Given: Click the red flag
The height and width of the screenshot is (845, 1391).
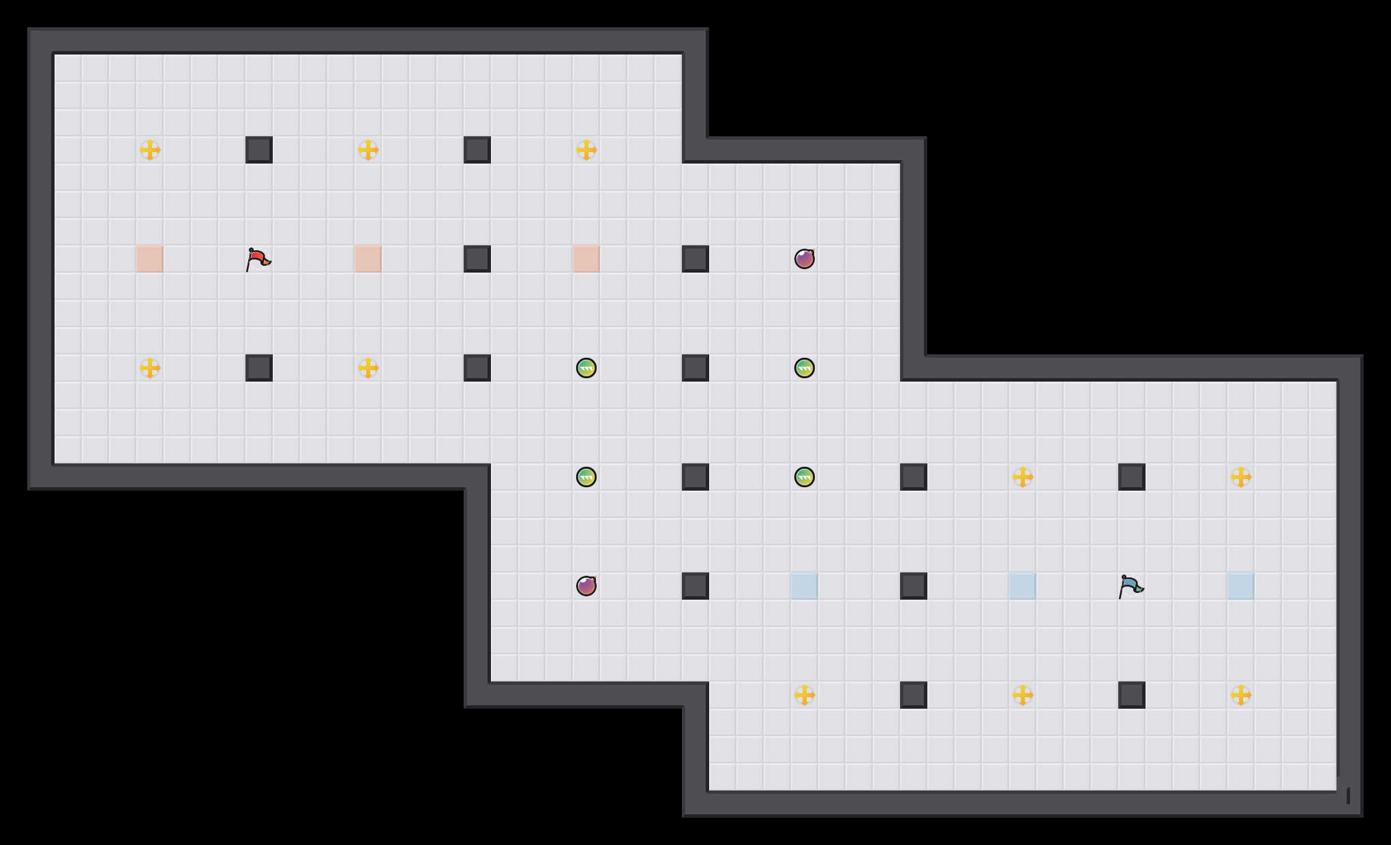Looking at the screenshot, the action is [x=258, y=260].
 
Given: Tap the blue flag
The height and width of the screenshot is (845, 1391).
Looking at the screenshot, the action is [x=1131, y=587].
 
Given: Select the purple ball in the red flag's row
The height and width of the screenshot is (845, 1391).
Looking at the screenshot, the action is [x=805, y=259].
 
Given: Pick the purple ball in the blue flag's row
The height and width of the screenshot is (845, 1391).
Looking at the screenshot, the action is [x=586, y=586].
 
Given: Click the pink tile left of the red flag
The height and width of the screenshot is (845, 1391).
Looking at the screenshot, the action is [x=150, y=259].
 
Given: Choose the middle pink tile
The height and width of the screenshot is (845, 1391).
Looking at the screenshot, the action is [x=368, y=259].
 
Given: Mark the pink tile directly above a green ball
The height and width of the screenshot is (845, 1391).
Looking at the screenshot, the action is [x=586, y=259].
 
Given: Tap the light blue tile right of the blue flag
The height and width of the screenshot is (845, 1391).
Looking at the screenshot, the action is [x=1241, y=586].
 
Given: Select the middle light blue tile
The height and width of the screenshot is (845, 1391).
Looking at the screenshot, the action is [x=1023, y=586].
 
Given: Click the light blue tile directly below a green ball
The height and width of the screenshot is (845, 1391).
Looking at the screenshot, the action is [x=805, y=586].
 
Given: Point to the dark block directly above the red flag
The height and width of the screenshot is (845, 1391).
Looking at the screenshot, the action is [x=259, y=150].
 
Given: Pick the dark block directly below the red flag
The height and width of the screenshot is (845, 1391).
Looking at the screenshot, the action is [x=259, y=368].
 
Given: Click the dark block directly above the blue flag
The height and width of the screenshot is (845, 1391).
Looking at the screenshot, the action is [x=1132, y=477].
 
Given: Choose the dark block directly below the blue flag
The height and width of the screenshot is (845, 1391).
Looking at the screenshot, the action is [x=1132, y=695].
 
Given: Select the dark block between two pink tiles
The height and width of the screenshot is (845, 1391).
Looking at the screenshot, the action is [x=477, y=259].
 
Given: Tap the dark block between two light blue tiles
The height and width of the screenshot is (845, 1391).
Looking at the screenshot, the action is [x=914, y=586].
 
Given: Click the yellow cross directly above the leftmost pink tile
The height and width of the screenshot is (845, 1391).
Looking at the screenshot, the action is [x=150, y=150].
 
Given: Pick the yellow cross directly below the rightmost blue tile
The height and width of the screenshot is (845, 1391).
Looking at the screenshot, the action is [x=1241, y=695].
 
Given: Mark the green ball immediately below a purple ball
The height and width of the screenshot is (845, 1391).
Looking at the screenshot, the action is [x=805, y=368].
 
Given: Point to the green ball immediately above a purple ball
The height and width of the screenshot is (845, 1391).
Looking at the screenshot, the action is [x=586, y=477].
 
